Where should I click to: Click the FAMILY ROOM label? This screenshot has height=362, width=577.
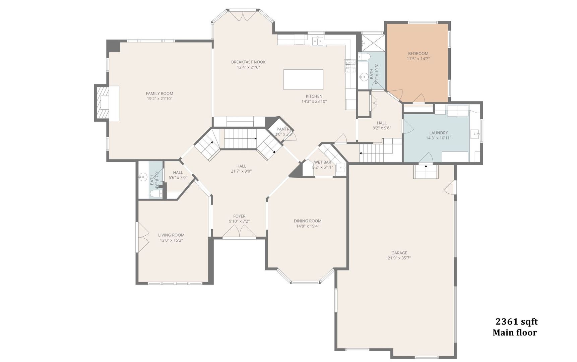[159, 94]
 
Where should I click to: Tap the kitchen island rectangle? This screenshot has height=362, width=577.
[303, 79]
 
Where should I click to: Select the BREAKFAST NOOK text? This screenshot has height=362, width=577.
[248, 62]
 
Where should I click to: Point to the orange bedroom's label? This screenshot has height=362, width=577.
[418, 54]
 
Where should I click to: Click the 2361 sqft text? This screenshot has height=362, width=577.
[516, 322]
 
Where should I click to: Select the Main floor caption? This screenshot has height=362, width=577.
[514, 333]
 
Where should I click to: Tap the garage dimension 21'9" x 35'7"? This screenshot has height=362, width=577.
[399, 258]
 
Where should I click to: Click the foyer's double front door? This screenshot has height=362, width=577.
[239, 231]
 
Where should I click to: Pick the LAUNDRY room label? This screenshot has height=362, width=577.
[438, 133]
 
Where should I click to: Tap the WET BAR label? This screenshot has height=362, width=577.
[322, 162]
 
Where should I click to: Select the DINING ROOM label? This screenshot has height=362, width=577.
[308, 221]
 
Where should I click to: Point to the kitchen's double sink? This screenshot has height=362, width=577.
[317, 41]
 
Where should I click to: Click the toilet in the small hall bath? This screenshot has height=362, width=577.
[156, 194]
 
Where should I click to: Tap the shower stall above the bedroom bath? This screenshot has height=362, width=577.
[372, 42]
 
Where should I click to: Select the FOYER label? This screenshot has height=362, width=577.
[239, 216]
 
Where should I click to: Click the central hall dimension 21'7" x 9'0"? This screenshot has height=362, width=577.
[241, 171]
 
